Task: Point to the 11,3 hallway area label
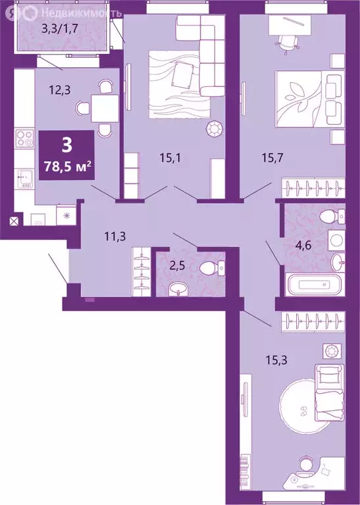[97, 231]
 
